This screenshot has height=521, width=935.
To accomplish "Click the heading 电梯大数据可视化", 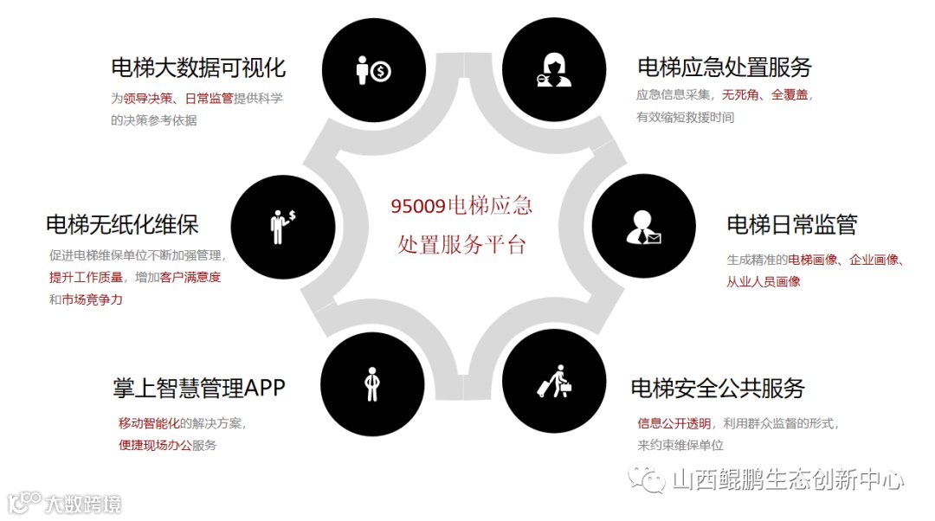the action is click(x=198, y=68).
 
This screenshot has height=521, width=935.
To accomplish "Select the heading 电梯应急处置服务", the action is click(x=724, y=68).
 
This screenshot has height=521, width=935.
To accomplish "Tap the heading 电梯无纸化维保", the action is click(x=122, y=225).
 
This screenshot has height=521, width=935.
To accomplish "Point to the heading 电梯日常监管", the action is click(x=791, y=225).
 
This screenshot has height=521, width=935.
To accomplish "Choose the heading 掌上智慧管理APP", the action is click(x=198, y=387).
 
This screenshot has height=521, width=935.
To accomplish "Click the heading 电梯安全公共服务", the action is click(x=718, y=387).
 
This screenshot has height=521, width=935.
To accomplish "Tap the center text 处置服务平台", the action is click(x=461, y=245).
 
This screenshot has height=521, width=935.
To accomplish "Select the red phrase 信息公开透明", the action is click(x=674, y=423).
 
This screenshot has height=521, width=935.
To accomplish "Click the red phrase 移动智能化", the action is click(x=148, y=423).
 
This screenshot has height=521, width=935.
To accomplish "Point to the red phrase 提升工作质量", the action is click(x=85, y=278).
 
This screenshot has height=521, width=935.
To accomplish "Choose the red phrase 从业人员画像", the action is click(x=763, y=281).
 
